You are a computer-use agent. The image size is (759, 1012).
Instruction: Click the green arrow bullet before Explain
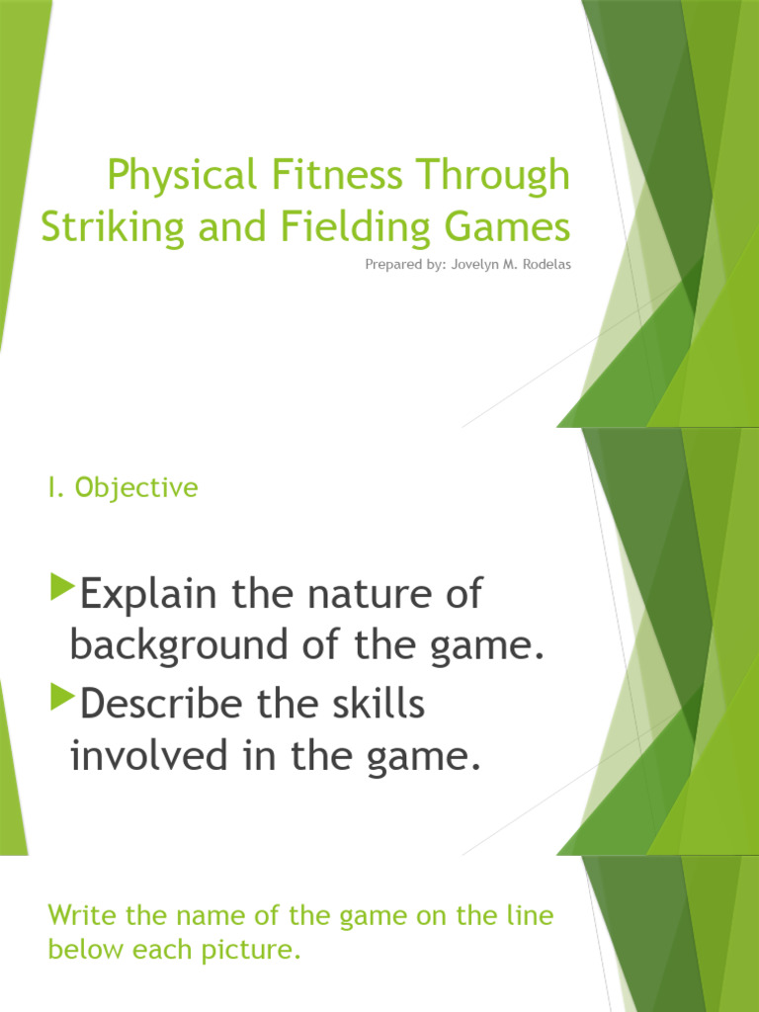point(61,590)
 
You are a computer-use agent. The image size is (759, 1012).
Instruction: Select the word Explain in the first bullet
point(148,596)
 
